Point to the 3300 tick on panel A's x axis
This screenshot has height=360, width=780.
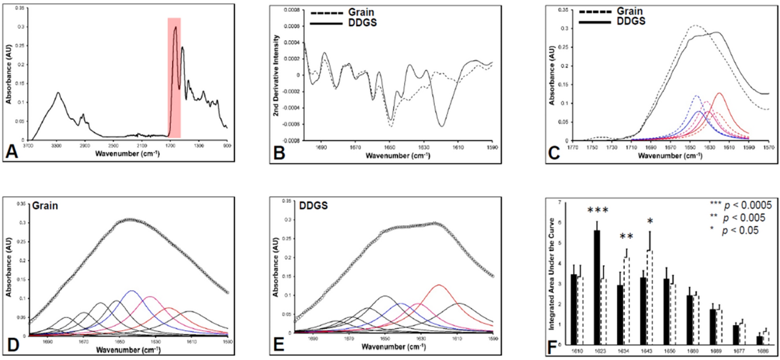[x=56, y=146]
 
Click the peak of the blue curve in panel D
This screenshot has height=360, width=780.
[x=131, y=291]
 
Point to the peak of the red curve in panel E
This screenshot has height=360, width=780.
[x=438, y=285]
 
